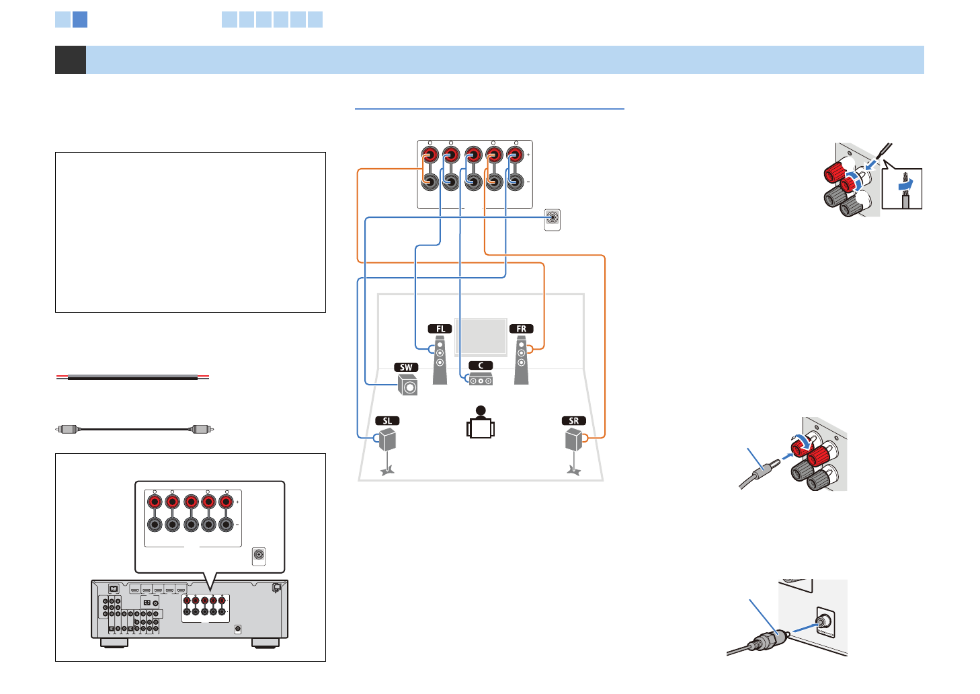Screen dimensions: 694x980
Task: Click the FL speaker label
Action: tap(440, 329)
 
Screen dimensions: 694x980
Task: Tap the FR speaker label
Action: tap(521, 329)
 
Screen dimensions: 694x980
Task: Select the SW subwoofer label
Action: tap(406, 368)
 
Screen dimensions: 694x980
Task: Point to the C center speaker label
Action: tap(481, 366)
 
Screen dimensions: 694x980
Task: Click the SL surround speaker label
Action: tap(387, 421)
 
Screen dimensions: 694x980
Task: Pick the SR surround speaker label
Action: tap(573, 421)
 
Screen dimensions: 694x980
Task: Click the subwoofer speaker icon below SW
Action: tap(407, 385)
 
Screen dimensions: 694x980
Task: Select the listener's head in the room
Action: tap(480, 411)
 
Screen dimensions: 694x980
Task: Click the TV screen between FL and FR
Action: tap(481, 337)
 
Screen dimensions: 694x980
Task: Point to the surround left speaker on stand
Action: tap(387, 444)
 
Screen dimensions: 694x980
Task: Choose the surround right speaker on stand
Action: tap(573, 444)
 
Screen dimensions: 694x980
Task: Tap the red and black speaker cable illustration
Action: tap(132, 377)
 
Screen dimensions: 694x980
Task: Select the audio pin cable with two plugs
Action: tap(134, 428)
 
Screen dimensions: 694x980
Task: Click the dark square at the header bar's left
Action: tap(71, 60)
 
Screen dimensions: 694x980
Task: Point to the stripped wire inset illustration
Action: tap(902, 189)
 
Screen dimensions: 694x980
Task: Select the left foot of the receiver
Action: tap(114, 644)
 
